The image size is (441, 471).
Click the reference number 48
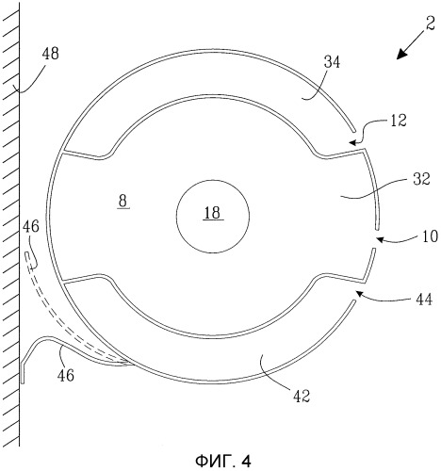(51, 54)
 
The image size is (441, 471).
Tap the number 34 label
(332, 62)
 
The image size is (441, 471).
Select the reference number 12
(399, 121)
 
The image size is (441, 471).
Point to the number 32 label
(421, 179)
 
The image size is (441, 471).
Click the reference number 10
(430, 236)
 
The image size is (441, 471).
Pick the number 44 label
(424, 300)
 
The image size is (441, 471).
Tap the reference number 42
(302, 397)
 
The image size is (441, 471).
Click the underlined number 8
(122, 202)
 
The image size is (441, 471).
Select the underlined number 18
(213, 213)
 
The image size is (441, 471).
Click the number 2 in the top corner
(431, 24)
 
